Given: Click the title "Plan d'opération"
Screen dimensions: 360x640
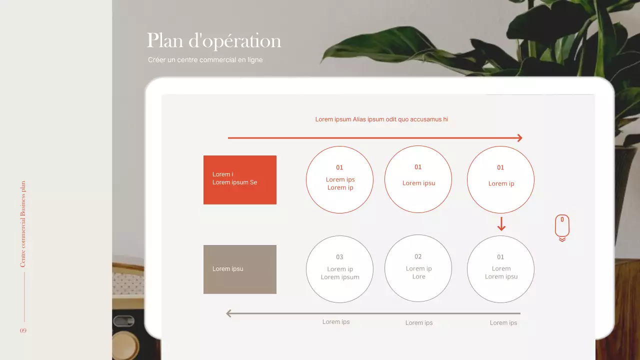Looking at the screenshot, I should pos(214,41).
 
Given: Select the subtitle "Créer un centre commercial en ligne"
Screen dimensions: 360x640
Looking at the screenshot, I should pos(205,60).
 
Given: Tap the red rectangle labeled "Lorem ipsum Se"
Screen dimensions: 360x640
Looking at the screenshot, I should pos(240,180).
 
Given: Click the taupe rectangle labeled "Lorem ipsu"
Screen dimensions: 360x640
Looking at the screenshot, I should pos(240,269).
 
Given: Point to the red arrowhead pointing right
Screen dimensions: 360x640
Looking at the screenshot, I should pos(519,138).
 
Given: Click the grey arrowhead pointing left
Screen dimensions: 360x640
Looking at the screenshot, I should pos(229,313).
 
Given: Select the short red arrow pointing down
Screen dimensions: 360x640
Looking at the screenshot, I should pos(501,224).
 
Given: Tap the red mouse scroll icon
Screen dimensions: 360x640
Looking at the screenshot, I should pos(562,227).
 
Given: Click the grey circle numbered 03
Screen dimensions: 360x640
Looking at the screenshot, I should pos(339,269).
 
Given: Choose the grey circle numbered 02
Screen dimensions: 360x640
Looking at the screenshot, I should pos(418,268).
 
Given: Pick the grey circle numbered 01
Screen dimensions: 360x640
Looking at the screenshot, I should pos(500,269).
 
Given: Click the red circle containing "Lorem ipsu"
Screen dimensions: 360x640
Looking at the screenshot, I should pos(418,179).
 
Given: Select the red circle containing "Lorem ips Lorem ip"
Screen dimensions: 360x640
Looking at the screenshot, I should pos(339,180).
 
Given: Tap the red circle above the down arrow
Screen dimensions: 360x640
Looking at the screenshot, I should pos(500,180).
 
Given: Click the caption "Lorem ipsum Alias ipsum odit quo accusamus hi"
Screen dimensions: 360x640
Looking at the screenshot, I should pos(381,119).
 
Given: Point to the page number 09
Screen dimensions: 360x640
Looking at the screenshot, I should pos(23,331).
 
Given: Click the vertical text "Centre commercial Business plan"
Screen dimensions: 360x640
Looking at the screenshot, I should pos(23,224).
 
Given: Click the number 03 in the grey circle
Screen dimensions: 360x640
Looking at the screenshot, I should pos(339,257).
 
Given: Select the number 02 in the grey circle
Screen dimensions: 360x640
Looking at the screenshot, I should pos(418,256).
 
